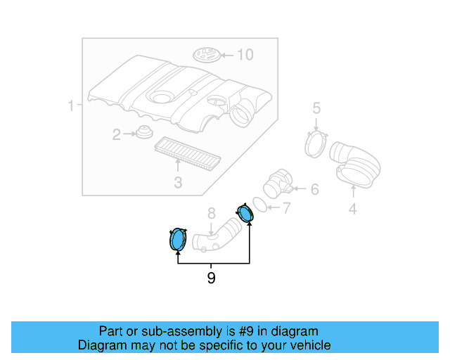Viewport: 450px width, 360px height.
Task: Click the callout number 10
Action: [245, 55]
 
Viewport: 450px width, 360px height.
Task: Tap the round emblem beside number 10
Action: [207, 55]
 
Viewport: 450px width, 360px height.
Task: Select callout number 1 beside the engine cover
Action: [71, 105]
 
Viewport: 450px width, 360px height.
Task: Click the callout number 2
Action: [116, 134]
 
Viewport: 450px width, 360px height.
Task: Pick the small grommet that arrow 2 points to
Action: [144, 132]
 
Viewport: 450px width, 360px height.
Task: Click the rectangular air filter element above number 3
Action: [188, 153]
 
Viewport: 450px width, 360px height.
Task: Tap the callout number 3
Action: [178, 182]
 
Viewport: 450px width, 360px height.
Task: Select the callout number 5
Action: [316, 108]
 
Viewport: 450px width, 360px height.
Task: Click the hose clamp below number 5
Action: [316, 144]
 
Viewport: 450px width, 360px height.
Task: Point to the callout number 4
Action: [353, 209]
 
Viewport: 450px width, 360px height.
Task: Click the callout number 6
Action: [315, 189]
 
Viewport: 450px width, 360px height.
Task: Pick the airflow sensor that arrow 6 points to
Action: [278, 184]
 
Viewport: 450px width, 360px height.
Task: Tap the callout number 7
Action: [286, 208]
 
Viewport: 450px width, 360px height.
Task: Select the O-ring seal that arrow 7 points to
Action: [260, 205]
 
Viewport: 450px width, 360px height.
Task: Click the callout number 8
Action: [211, 214]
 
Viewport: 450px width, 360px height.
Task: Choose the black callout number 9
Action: [211, 278]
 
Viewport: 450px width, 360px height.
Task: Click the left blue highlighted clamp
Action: [178, 239]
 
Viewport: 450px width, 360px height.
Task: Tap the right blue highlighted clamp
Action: [245, 213]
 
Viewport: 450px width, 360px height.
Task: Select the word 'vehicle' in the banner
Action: [313, 345]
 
